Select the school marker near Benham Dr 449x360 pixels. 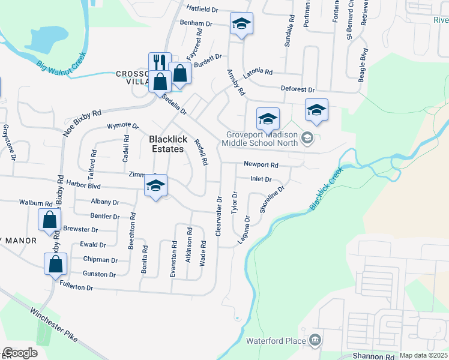click(x=241, y=24)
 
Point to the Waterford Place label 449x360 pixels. click(x=279, y=341)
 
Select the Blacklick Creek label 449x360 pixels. click(x=327, y=188)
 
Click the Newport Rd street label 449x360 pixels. click(x=261, y=164)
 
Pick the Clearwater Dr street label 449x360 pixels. click(x=219, y=215)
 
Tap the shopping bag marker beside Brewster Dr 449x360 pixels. click(x=50, y=219)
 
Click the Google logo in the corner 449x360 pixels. click(x=20, y=353)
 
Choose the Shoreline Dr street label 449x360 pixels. click(x=271, y=199)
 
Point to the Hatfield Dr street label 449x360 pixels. click(x=201, y=10)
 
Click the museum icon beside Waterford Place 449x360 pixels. click(x=315, y=341)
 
